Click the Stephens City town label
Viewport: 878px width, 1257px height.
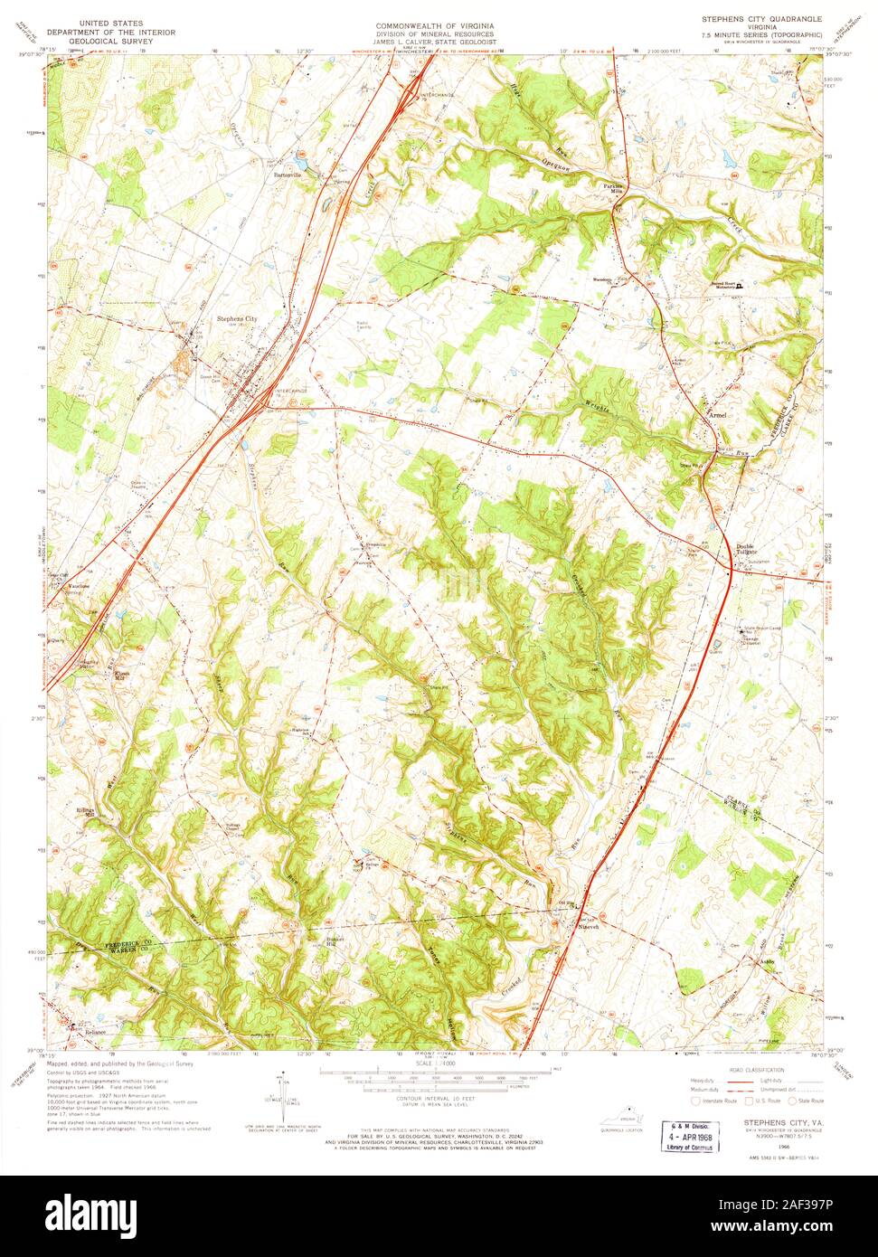(x=236, y=318)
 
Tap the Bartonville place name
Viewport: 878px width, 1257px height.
(x=281, y=175)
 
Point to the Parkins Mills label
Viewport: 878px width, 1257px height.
(x=615, y=189)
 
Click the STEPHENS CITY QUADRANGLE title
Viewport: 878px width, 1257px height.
(x=761, y=18)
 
